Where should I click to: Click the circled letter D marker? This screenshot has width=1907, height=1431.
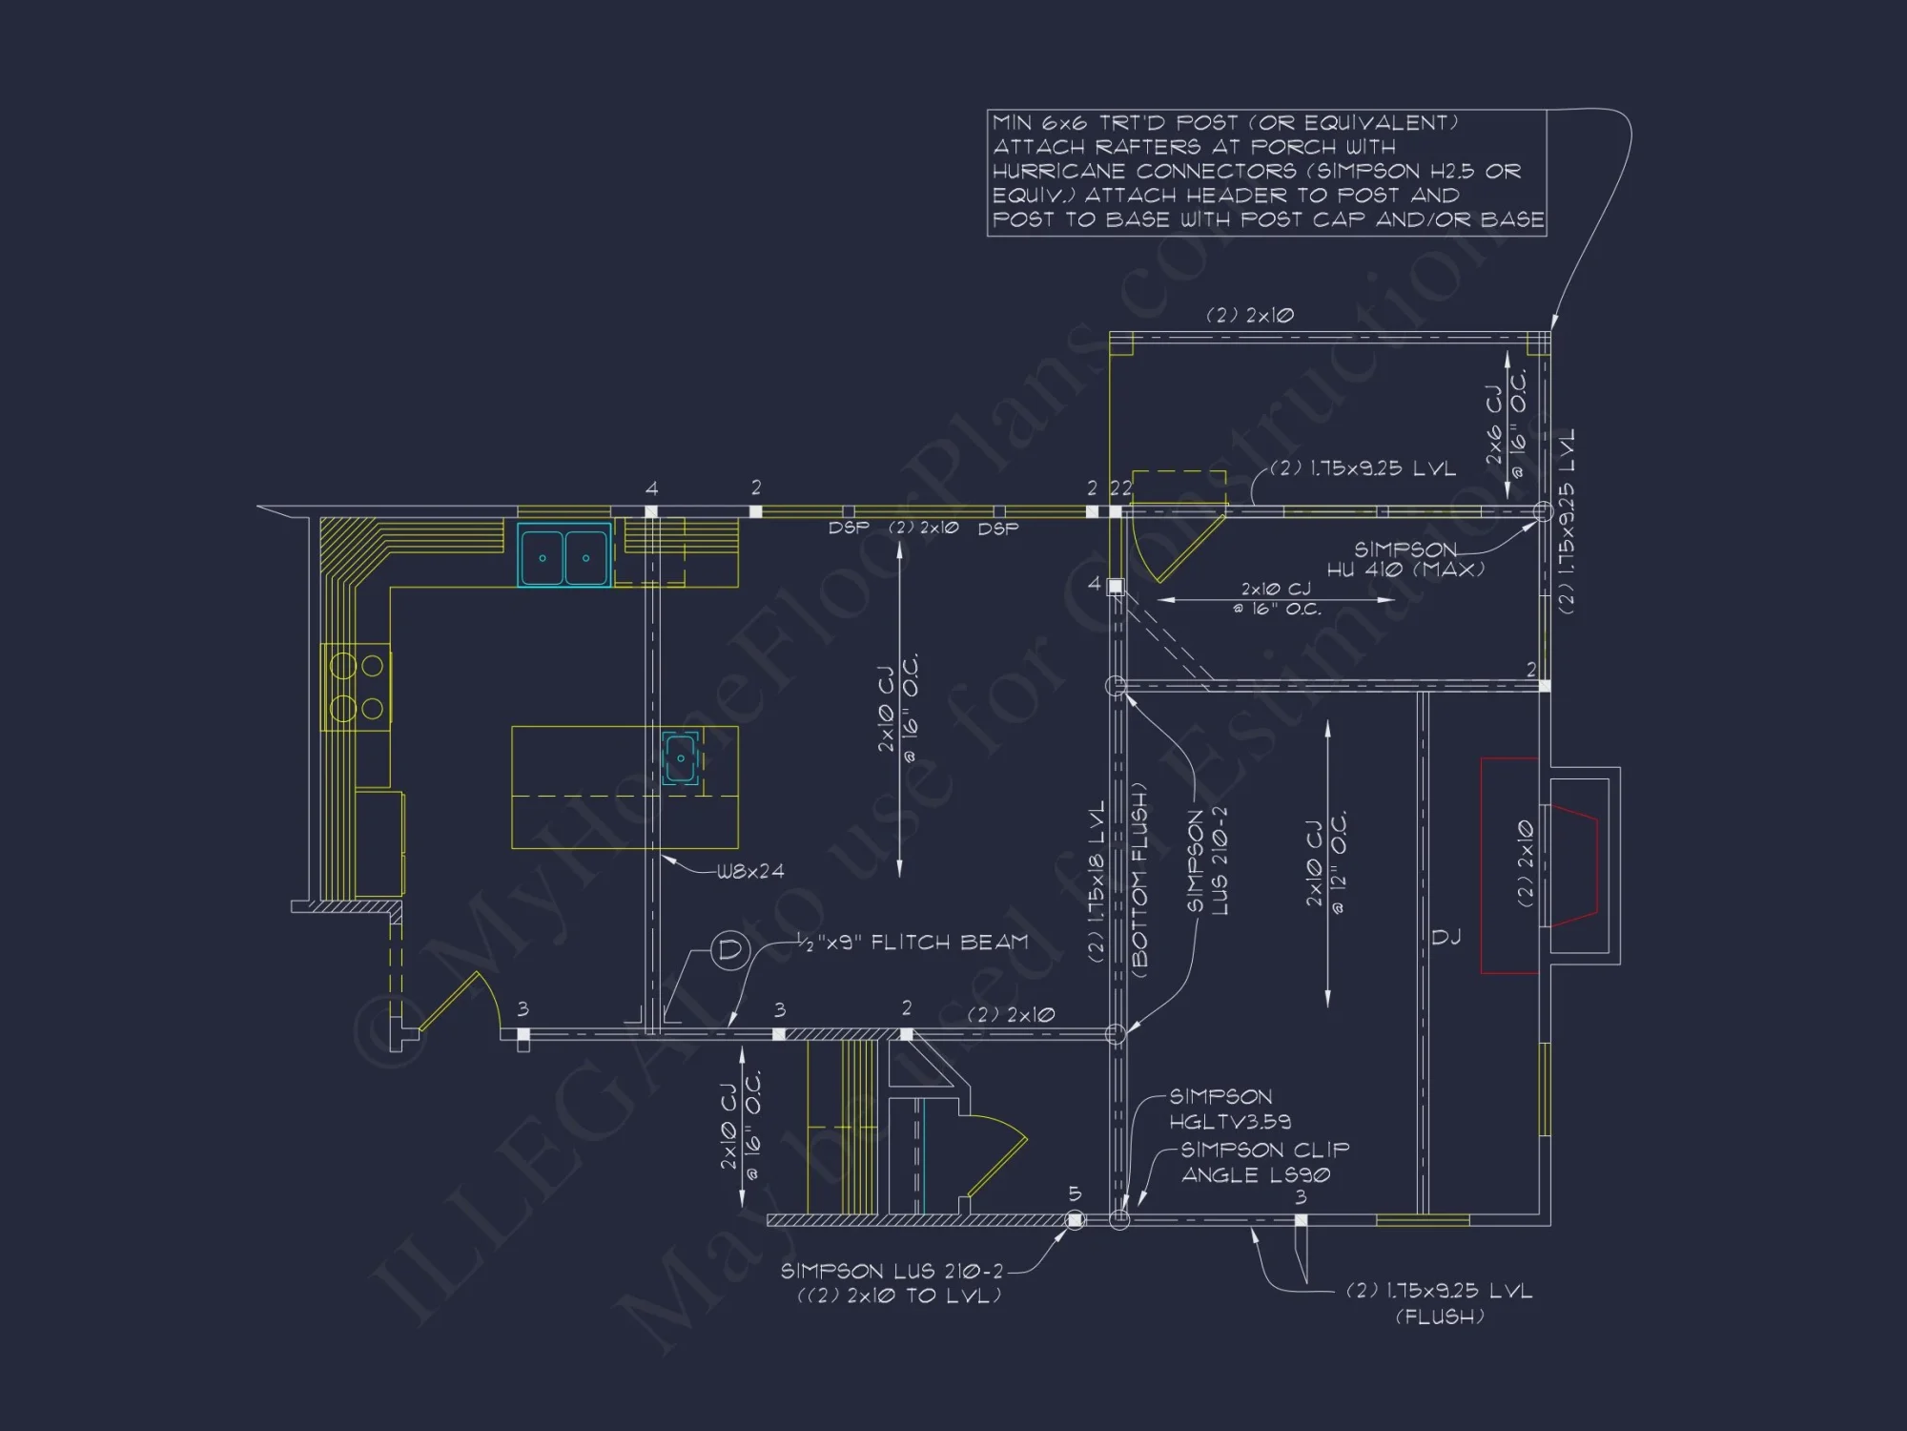point(730,950)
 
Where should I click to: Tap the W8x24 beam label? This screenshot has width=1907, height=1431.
point(750,871)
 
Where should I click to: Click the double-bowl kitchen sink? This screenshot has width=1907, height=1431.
point(564,556)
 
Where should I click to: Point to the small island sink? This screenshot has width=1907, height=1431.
point(681,758)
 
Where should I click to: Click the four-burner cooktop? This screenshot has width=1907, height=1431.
point(357,687)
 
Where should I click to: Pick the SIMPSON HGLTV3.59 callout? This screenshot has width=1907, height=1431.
point(1230,1109)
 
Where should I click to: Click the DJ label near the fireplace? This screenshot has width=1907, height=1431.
point(1446,938)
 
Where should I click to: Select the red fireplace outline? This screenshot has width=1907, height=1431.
point(1509,865)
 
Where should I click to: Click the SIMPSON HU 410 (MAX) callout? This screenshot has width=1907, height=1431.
point(1405,559)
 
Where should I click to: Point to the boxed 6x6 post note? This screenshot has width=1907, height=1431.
point(1266,172)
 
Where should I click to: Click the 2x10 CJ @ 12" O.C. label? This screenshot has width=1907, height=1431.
point(1326,863)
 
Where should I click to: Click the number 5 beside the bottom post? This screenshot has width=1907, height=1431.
point(1075,1194)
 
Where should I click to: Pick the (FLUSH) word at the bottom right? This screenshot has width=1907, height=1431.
point(1440,1317)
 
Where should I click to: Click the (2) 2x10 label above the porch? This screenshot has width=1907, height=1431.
point(1249,315)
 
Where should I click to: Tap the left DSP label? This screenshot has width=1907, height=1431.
point(848,528)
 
